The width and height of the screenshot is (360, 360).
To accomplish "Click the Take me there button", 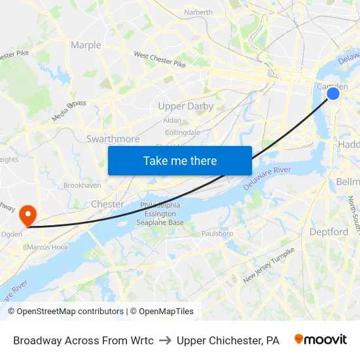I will [179, 160].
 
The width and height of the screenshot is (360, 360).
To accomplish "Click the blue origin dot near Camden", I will [333, 94].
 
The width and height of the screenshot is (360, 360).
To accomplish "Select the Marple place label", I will [86, 45].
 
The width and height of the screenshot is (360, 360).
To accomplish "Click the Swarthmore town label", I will [113, 139].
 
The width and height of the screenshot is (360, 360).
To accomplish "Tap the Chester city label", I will [107, 204].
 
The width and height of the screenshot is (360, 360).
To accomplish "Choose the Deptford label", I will [329, 232].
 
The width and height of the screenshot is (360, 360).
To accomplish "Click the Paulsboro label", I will [217, 233].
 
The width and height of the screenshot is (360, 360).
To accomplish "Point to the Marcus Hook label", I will [47, 247].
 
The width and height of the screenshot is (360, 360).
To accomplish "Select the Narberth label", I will [198, 12].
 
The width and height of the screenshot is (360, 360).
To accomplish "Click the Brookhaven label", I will [82, 185].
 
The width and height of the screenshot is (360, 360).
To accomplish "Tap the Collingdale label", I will [183, 132].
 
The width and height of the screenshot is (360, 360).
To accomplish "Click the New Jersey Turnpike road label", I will [269, 265].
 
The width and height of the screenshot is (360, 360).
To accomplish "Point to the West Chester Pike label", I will [160, 60].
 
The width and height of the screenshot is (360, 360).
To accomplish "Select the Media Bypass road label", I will [69, 111].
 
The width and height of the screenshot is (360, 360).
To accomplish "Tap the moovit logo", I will [320, 340].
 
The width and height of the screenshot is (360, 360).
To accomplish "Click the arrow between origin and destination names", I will [165, 340].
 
